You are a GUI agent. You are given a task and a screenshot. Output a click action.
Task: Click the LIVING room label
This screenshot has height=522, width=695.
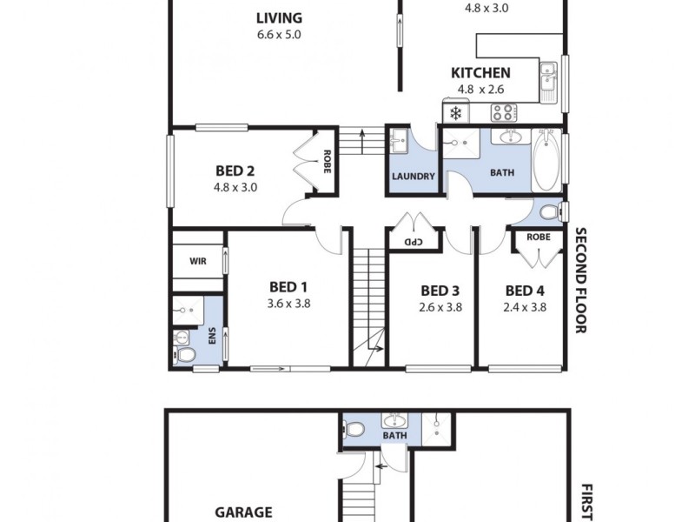click(x=279, y=17)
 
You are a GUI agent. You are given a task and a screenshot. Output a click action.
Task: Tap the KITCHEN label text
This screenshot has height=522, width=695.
click(x=480, y=73)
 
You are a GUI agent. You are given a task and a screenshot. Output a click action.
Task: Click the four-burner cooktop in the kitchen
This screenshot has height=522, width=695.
click(x=503, y=111)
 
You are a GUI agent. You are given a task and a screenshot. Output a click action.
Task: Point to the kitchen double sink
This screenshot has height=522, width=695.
click(x=547, y=77)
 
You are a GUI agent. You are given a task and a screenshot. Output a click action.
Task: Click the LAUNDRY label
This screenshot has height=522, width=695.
click(x=413, y=177)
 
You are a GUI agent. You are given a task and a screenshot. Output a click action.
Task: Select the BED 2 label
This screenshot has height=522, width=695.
click(x=234, y=171)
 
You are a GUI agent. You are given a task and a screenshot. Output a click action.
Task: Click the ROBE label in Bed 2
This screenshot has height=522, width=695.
click(x=327, y=163)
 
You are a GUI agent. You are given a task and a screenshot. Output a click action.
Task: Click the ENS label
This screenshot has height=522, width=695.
click(x=211, y=336)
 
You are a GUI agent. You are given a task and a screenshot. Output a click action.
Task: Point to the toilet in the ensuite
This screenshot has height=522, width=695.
click(x=185, y=356)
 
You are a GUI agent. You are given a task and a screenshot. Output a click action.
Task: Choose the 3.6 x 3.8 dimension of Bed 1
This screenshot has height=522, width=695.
click(x=288, y=304)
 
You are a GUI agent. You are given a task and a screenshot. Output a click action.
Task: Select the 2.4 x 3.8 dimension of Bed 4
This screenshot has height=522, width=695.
click(x=525, y=306)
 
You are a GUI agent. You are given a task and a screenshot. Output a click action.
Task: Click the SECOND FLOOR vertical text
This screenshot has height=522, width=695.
click(x=580, y=280)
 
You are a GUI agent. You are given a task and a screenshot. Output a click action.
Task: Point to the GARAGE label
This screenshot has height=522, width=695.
click(x=243, y=512)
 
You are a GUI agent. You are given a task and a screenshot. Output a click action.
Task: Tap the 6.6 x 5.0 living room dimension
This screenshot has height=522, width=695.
click(x=279, y=35)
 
